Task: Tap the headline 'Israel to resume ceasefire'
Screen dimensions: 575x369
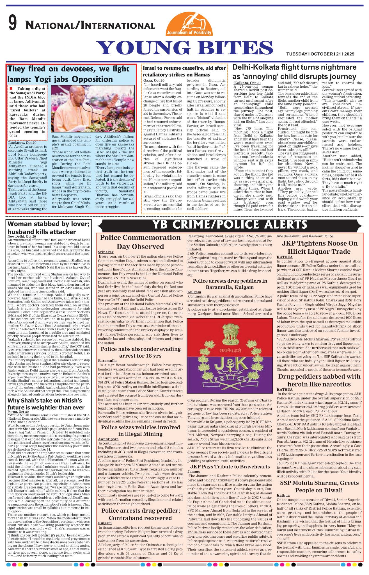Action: click(184, 71)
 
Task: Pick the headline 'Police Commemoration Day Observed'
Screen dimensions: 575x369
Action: click(140, 242)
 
